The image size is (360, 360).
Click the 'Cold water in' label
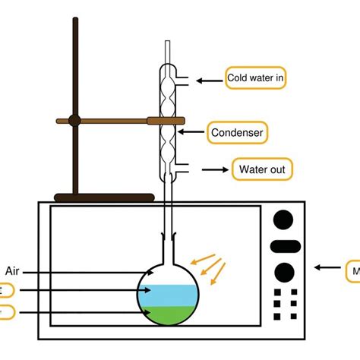pyautogui.click(x=256, y=78)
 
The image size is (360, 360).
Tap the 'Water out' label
pyautogui.click(x=262, y=169)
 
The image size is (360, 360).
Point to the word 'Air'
pyautogui.click(x=13, y=271)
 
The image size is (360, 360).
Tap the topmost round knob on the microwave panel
pyautogui.click(x=284, y=219)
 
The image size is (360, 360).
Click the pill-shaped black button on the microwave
pyautogui.click(x=284, y=245)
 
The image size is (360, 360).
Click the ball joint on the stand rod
pyautogui.click(x=74, y=120)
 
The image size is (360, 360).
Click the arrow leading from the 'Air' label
pyautogui.click(x=84, y=272)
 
